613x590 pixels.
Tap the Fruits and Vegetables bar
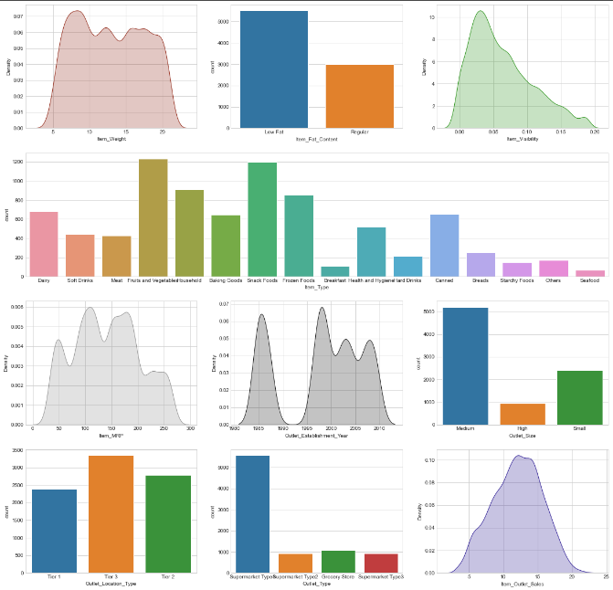click(x=153, y=217)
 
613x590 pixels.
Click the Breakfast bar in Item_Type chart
click(x=335, y=271)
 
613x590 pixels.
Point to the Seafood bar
click(x=590, y=273)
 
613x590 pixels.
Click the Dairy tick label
click(x=43, y=280)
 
